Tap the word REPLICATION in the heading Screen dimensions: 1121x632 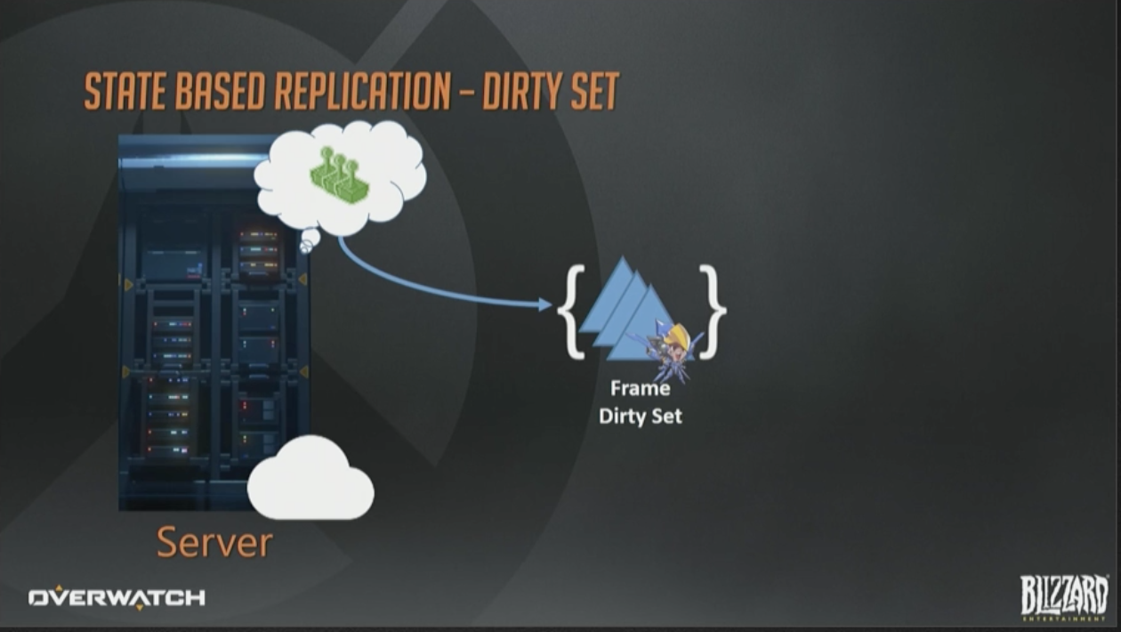(x=362, y=92)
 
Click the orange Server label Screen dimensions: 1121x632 (x=214, y=542)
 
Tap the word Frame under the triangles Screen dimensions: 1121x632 (x=640, y=389)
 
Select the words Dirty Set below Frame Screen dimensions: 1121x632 (x=640, y=417)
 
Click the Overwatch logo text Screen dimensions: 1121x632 (x=117, y=598)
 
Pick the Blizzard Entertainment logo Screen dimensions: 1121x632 (x=1064, y=597)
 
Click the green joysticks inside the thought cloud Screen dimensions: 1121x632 (x=340, y=175)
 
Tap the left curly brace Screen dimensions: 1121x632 (x=571, y=312)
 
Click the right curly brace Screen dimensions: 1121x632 (x=713, y=312)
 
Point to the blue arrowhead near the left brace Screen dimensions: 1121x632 (x=545, y=304)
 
